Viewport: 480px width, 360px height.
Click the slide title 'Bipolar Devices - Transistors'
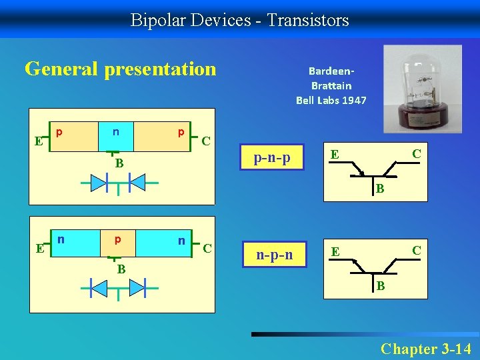[239, 20]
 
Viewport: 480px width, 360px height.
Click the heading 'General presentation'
[121, 69]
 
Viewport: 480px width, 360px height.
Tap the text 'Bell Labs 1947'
[331, 100]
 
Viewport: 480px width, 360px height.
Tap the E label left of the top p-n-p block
[39, 141]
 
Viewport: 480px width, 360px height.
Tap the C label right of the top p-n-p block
[207, 141]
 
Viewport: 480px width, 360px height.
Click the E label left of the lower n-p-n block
[39, 249]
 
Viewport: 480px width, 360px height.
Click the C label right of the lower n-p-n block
[207, 249]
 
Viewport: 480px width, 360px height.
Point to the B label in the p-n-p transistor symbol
[379, 189]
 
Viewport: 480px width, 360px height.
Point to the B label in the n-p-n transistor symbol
[379, 287]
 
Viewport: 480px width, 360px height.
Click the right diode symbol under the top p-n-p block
[137, 182]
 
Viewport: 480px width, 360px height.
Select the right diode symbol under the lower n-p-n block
[137, 288]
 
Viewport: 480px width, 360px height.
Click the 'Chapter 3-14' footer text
[425, 349]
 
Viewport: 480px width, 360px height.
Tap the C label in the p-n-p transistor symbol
[416, 154]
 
